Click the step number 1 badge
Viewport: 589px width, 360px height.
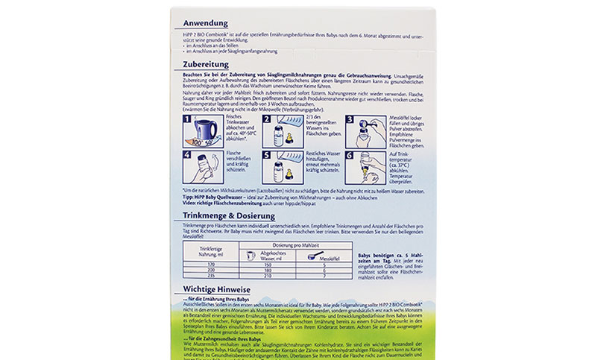point(187,119)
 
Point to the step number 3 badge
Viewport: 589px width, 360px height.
point(350,119)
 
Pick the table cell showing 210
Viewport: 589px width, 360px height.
point(266,276)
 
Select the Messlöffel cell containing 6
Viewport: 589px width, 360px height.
point(323,270)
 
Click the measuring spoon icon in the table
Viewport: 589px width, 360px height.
point(314,255)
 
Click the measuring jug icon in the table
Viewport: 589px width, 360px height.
point(251,255)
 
